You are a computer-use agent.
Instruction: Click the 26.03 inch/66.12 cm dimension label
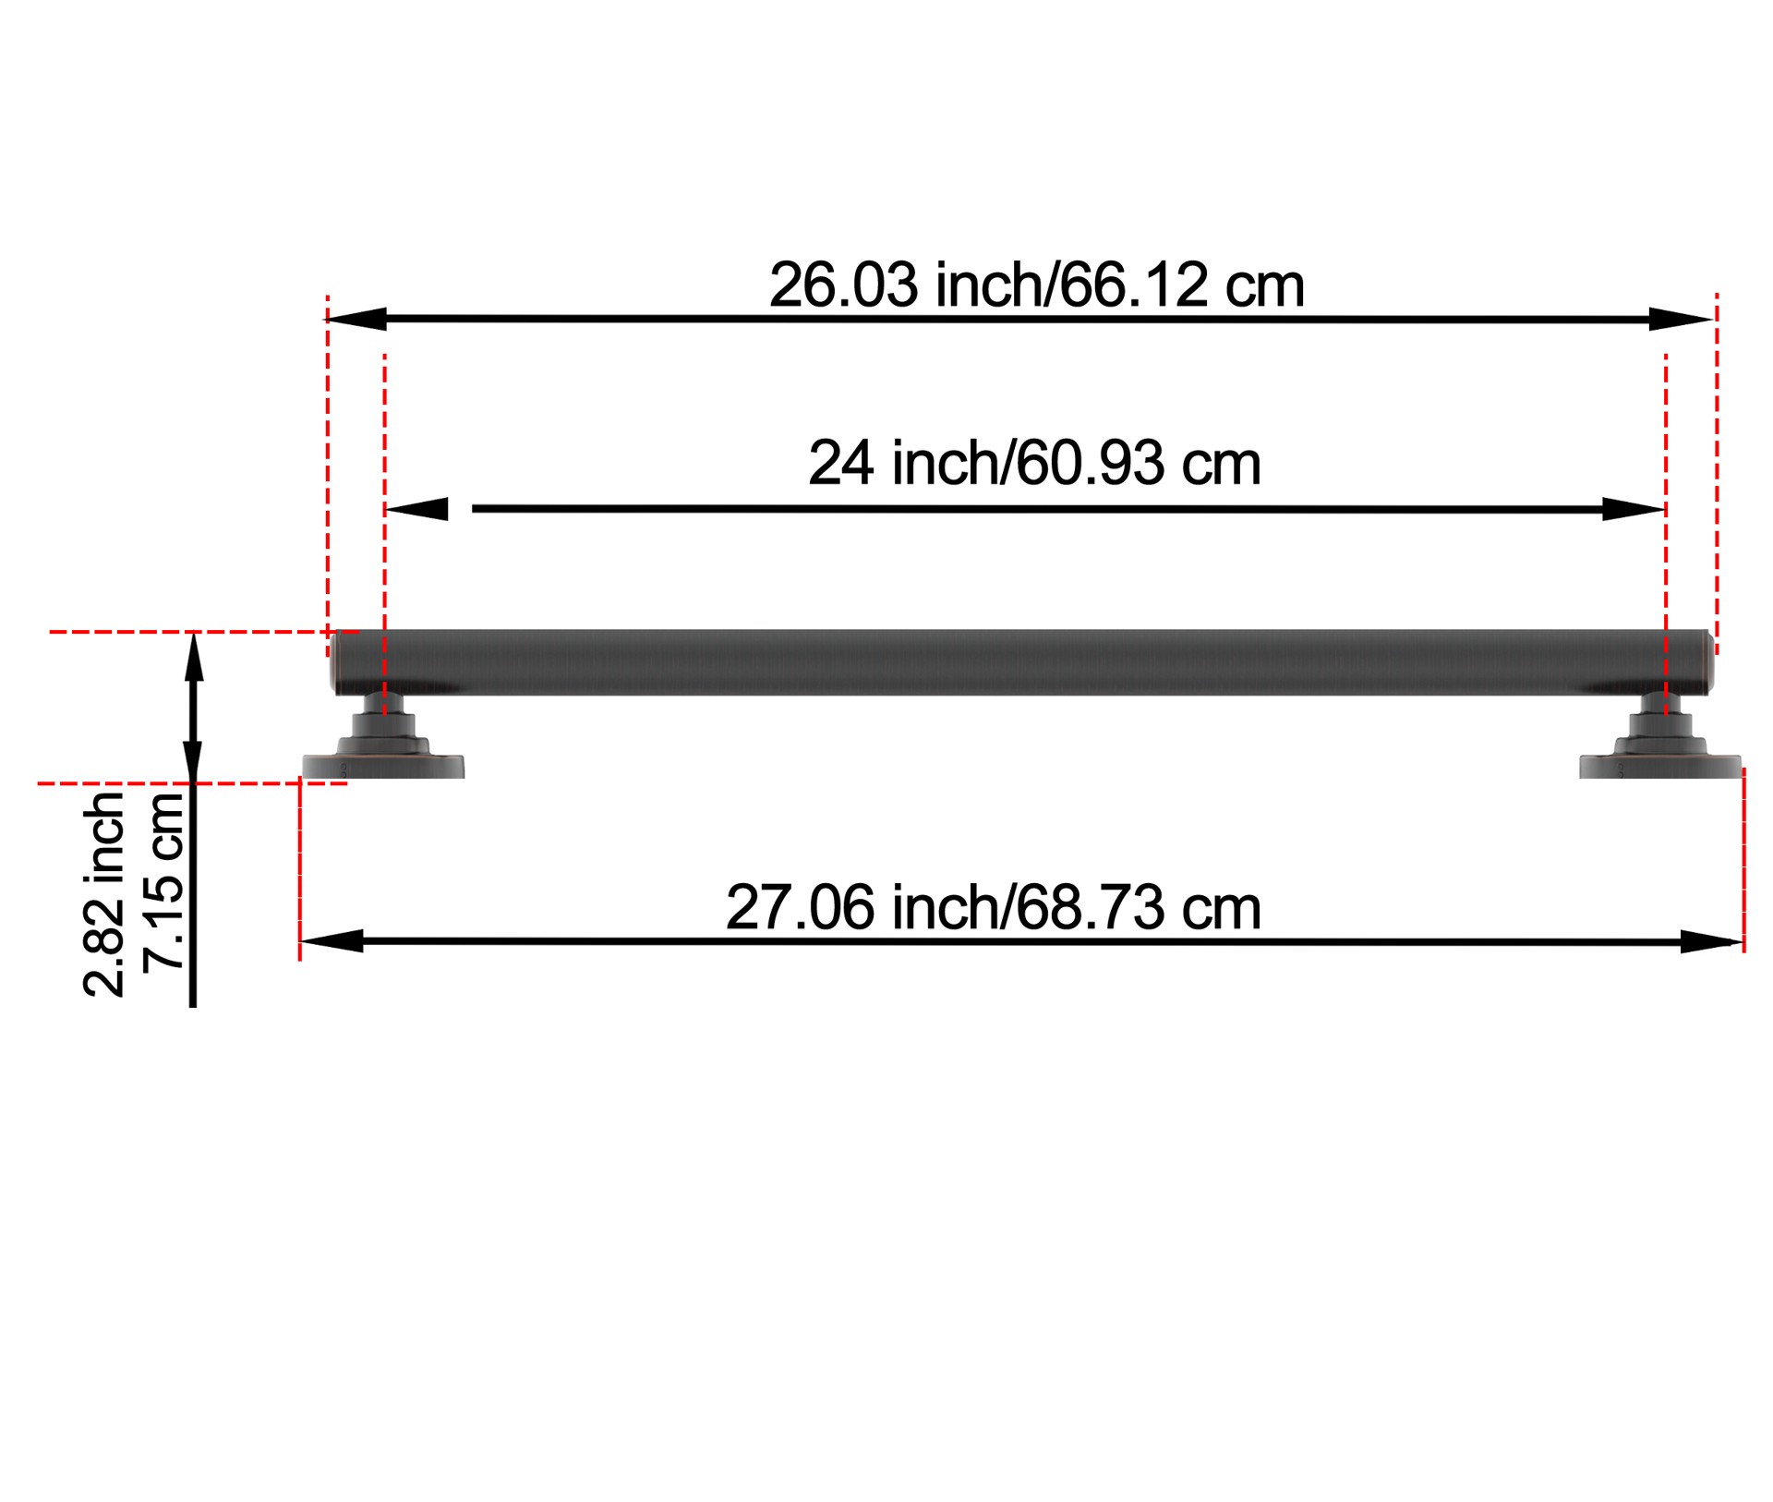tap(1036, 285)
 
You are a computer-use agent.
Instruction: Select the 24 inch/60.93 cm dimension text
tap(1034, 464)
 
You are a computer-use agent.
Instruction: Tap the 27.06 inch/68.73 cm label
tap(993, 908)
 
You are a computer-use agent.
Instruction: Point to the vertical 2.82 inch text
tap(104, 893)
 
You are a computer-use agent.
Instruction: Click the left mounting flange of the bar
tap(383, 766)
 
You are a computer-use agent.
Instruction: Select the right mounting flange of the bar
tap(1659, 766)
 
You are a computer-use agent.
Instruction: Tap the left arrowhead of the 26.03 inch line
tap(356, 320)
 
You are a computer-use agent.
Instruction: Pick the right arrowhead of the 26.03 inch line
tap(1681, 320)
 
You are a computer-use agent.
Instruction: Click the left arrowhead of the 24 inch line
tap(417, 509)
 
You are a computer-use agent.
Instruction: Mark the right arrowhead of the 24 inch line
tap(1633, 509)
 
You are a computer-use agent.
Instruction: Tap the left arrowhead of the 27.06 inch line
tap(331, 941)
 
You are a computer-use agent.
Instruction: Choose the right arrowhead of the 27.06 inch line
tap(1710, 942)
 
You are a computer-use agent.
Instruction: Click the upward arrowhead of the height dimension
tap(193, 656)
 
